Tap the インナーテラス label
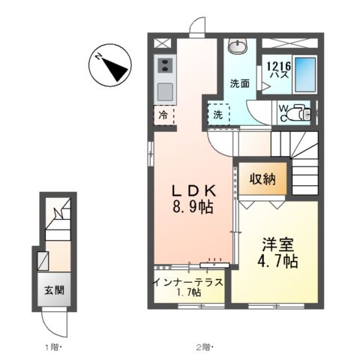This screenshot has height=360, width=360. (x=187, y=282)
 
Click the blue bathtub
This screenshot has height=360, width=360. (x=305, y=73)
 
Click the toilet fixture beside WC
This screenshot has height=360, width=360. (x=300, y=113)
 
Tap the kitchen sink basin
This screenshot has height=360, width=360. (x=164, y=91)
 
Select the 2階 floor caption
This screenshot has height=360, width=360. (x=203, y=346)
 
